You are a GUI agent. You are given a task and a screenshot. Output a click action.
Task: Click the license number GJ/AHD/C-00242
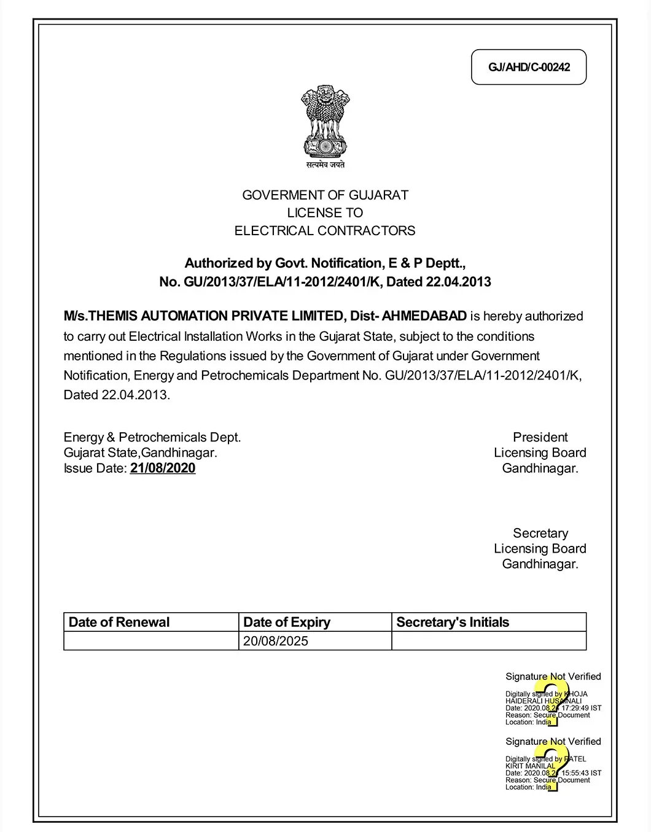click(x=529, y=67)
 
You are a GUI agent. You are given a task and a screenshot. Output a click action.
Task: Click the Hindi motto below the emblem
click(x=325, y=165)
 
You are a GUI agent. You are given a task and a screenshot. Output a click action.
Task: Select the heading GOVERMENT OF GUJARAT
click(x=325, y=195)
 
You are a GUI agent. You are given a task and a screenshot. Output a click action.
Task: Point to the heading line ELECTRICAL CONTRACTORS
click(x=325, y=231)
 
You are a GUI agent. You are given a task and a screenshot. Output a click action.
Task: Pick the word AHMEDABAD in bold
click(x=424, y=316)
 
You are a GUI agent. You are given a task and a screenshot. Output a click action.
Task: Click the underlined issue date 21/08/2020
click(x=163, y=468)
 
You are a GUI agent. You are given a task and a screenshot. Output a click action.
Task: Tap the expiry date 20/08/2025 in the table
click(x=276, y=641)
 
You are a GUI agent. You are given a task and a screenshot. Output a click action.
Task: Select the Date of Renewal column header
click(x=119, y=622)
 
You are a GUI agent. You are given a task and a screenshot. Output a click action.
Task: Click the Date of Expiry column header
click(x=287, y=622)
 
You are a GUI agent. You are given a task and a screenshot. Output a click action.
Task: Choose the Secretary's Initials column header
click(x=453, y=622)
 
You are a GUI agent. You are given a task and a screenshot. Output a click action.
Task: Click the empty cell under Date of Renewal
click(x=151, y=641)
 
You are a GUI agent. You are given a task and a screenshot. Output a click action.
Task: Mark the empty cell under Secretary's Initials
click(x=489, y=641)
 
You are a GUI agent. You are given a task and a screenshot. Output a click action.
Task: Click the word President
click(x=540, y=437)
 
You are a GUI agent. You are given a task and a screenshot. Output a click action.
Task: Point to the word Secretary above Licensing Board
click(x=540, y=533)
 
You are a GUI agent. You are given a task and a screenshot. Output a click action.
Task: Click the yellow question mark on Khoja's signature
click(x=552, y=701)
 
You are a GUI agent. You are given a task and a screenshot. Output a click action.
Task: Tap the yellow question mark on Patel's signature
click(x=552, y=766)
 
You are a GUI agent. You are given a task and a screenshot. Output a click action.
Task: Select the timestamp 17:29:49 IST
click(x=580, y=708)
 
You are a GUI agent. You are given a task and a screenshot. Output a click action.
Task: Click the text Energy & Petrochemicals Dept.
click(x=152, y=437)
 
